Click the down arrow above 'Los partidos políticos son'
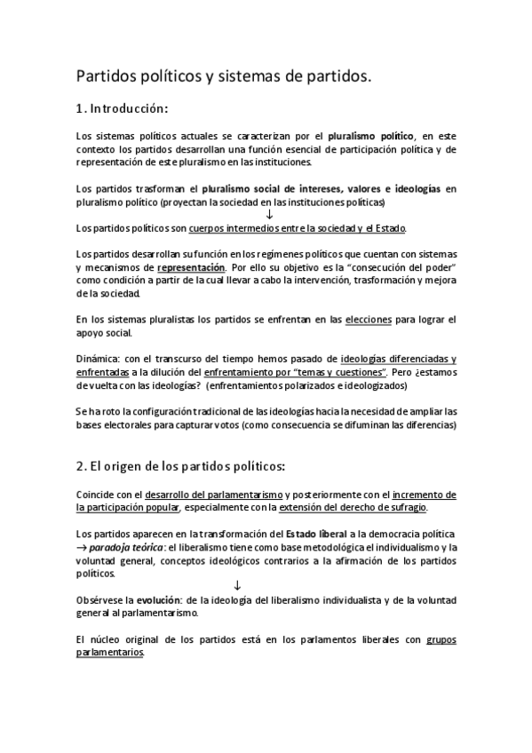pyautogui.click(x=269, y=215)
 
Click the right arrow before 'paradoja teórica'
pyautogui.click(x=82, y=549)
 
